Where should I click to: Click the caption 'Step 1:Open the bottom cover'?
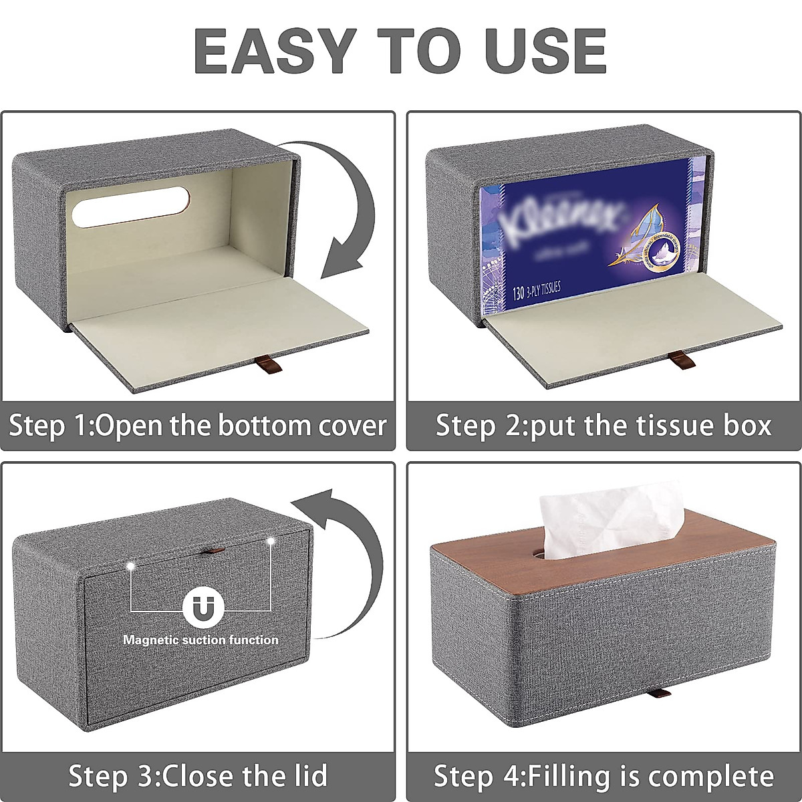(x=198, y=426)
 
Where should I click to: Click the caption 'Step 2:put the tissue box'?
(x=604, y=426)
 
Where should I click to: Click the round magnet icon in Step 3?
(x=200, y=608)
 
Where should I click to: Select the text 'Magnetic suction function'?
(x=200, y=640)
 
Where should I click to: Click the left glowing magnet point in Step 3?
(x=132, y=567)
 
